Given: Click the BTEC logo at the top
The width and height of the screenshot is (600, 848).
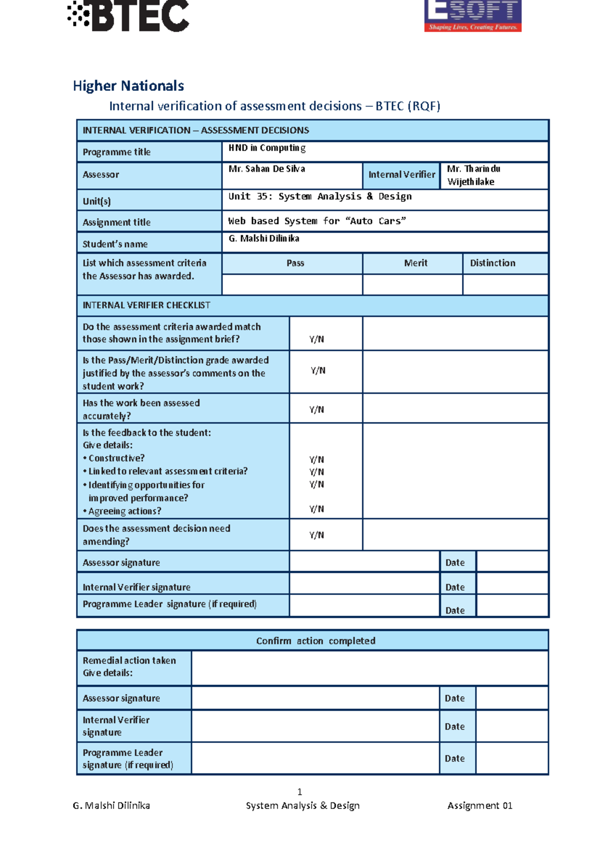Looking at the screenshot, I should [129, 16].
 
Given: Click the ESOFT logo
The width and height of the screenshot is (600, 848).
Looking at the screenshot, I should [472, 16].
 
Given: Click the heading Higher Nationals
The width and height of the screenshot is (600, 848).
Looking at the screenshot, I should [128, 86].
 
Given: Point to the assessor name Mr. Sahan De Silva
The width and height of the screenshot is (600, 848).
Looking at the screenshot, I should [267, 169].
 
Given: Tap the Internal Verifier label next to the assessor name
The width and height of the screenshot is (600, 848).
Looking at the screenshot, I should [401, 174].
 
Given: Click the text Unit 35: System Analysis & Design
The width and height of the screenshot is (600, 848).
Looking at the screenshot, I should [320, 196].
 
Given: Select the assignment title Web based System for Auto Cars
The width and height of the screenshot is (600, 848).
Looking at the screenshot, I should [317, 221].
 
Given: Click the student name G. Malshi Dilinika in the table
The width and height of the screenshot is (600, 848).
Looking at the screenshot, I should [264, 238].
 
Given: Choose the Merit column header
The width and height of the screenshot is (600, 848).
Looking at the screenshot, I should [415, 263].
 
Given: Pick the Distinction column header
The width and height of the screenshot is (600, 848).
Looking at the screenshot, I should [492, 263].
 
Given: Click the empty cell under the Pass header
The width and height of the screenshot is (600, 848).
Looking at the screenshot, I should [292, 284].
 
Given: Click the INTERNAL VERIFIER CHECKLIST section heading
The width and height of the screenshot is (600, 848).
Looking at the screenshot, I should [146, 305].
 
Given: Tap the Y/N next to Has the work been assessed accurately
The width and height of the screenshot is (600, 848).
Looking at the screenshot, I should [316, 409].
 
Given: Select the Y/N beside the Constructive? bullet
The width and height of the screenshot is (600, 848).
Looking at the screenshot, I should [316, 459].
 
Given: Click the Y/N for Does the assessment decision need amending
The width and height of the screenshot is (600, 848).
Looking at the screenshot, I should [316, 535].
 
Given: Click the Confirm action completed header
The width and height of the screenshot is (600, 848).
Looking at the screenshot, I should [315, 641].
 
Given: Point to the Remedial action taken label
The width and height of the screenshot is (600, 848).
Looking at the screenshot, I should [129, 660].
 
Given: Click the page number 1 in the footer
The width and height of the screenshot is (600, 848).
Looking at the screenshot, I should [299, 791].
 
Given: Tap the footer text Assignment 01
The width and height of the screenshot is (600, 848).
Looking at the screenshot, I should [479, 805].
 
